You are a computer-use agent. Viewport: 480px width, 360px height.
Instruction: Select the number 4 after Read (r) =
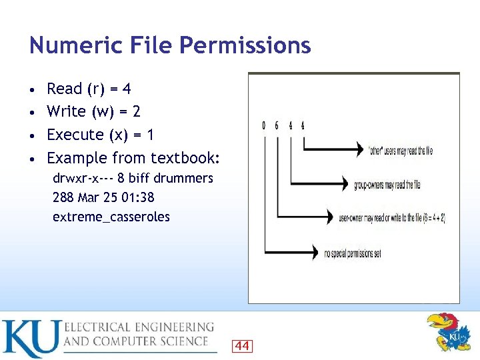coord(126,89)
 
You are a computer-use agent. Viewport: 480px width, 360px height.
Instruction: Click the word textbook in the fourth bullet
coord(185,158)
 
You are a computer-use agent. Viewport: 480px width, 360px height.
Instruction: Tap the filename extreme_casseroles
coord(111,217)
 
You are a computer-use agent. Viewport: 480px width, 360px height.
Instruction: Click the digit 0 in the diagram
coord(264,125)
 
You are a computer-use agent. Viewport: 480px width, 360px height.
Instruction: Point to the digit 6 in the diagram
coord(277,125)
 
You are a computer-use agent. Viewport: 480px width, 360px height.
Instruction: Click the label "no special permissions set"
coord(352,253)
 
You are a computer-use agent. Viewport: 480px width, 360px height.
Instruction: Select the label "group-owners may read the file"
coord(387,184)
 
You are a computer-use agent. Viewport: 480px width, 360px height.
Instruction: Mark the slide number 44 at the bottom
coord(242,345)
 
